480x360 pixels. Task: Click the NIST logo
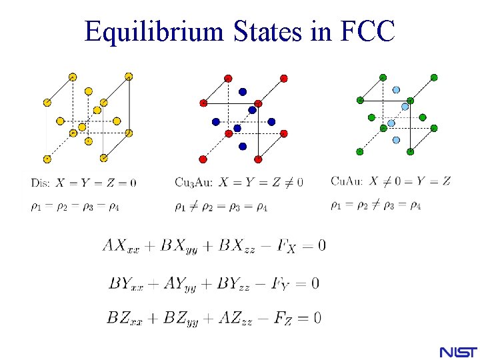[x=459, y=351]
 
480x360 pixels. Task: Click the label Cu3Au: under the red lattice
[x=194, y=183]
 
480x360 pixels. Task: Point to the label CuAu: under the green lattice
[x=347, y=181]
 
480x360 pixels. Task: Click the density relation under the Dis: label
[x=75, y=206]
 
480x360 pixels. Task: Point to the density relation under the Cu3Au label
[x=221, y=207]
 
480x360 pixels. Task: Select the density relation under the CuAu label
[x=375, y=205]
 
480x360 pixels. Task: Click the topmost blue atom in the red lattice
[x=243, y=91]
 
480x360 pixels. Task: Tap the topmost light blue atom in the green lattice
[x=397, y=89]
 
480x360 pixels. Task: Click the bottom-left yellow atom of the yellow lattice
[x=47, y=159]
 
